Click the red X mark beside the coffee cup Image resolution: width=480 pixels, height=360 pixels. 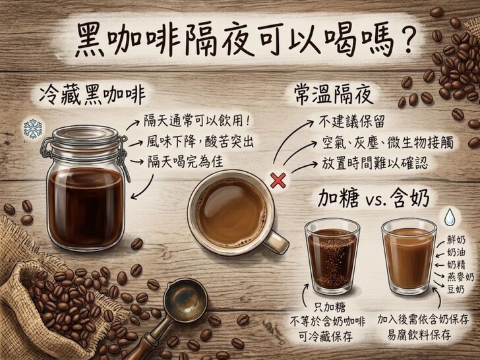pos(278,180)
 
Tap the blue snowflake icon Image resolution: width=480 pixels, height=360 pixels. pos(33,129)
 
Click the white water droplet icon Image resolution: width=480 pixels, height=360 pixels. pos(450,217)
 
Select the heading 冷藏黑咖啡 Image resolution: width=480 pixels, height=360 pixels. pos(92,94)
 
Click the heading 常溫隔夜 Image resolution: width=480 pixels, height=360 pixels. pos(334,94)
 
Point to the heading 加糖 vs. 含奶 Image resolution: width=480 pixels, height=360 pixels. pos(373,199)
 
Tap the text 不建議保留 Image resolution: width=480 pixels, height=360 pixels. pos(351,122)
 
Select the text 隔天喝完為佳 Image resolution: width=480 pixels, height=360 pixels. pos(185,162)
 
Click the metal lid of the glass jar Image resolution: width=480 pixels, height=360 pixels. pos(85,136)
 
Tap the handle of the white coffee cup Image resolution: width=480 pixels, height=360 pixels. pos(276,243)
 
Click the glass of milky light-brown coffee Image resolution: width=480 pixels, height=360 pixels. pos(409,256)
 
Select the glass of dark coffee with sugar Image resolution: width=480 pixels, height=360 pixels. pos(332,256)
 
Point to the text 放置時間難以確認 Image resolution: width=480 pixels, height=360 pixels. pos(375,164)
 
